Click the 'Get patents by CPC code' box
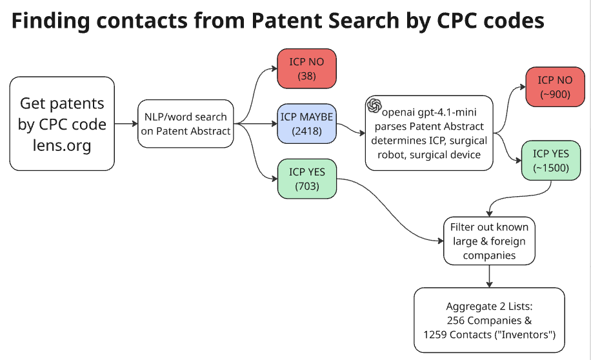pyautogui.click(x=62, y=123)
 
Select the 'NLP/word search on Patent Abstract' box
pyautogui.click(x=185, y=123)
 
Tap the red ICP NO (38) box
pyautogui.click(x=307, y=69)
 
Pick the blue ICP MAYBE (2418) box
pyautogui.click(x=307, y=123)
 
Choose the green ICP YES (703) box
pyautogui.click(x=307, y=179)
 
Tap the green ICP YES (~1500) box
pyautogui.click(x=550, y=160)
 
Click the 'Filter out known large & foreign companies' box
pyautogui.click(x=490, y=241)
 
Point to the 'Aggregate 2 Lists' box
pyautogui.click(x=489, y=320)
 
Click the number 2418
pyautogui.click(x=307, y=131)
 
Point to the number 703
pyautogui.click(x=307, y=186)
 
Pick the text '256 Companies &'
pyautogui.click(x=489, y=320)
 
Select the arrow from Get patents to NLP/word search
pyautogui.click(x=125, y=123)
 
